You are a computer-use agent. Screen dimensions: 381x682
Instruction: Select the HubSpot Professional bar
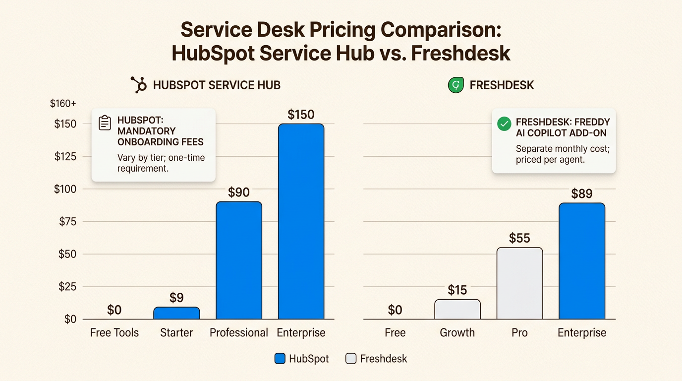tap(239, 260)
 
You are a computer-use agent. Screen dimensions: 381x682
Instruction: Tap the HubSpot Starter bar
tap(176, 313)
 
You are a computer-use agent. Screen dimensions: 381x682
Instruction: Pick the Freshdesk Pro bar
tap(519, 283)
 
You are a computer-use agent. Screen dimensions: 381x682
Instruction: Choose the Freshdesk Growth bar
tap(457, 309)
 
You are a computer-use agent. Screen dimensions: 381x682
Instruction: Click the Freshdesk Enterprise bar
tap(582, 260)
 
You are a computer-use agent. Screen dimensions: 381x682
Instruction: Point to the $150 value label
tap(301, 115)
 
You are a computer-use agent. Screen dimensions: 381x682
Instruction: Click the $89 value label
tap(582, 193)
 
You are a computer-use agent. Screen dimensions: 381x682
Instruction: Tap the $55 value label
tap(519, 238)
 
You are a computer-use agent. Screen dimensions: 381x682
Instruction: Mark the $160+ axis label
tap(63, 104)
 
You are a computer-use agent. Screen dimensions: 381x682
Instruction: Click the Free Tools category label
tap(114, 332)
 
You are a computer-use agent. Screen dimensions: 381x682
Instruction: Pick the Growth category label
tap(457, 332)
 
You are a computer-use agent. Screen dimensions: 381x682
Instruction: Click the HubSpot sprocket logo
tap(138, 85)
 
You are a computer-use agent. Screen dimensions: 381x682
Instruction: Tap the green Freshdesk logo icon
tap(455, 85)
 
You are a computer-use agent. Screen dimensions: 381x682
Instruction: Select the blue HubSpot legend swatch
tap(280, 359)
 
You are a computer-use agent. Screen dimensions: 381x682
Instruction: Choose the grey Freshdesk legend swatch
tap(351, 359)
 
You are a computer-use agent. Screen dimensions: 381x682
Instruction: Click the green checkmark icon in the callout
tap(504, 124)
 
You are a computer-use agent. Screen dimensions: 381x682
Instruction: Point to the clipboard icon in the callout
tap(105, 123)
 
